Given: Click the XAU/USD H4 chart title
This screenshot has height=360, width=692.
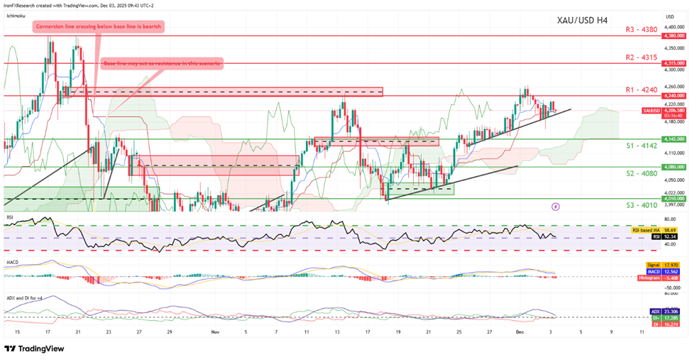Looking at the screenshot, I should click(581, 20).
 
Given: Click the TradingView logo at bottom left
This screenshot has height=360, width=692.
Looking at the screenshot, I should click(34, 349).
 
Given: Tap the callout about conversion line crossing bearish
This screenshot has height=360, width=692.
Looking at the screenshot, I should click(99, 27).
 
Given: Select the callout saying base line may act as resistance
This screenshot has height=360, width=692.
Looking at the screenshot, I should click(163, 64).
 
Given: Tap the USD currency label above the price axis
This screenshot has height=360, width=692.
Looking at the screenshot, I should click(669, 16).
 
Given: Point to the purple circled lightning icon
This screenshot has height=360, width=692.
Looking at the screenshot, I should click(555, 206).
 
